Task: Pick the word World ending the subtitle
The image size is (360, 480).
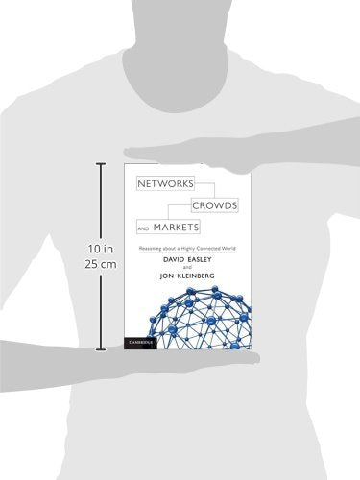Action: click(x=228, y=246)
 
